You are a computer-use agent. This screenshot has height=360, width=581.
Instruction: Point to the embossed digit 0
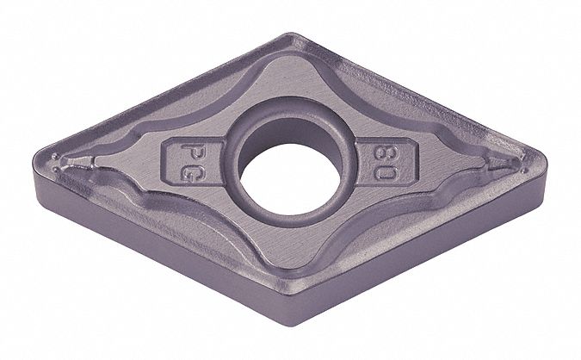386,172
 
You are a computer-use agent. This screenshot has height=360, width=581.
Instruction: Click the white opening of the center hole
290,179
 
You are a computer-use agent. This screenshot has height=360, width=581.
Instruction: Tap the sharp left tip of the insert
34,163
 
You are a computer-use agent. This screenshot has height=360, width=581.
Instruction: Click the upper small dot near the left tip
55,156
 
